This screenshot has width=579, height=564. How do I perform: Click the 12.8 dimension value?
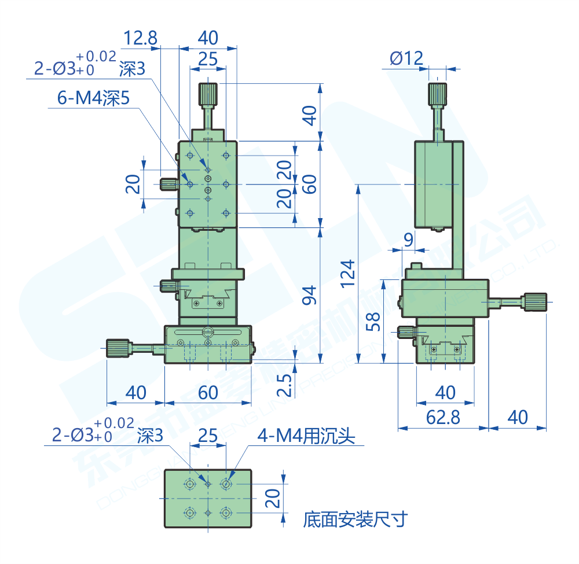point(141,38)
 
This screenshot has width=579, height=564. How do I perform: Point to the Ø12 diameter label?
point(406,58)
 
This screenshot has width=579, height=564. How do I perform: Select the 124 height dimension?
point(347,273)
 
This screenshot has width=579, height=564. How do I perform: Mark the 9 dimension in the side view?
point(408,239)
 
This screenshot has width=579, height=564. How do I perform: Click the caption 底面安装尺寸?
point(355,519)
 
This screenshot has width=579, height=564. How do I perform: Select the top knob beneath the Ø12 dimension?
point(438,94)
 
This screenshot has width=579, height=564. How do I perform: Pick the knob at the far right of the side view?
point(536,301)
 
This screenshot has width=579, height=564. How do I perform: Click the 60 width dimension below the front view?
point(208,392)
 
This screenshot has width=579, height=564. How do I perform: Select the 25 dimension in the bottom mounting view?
point(208,435)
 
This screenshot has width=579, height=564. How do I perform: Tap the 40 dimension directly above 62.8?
point(445,392)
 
